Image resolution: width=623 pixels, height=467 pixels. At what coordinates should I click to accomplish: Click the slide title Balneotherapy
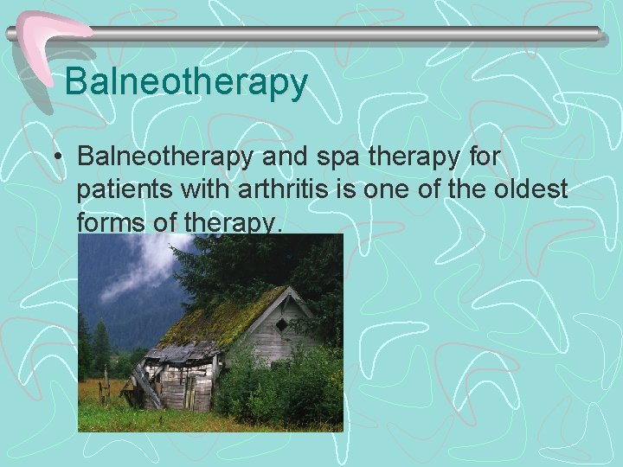(186, 82)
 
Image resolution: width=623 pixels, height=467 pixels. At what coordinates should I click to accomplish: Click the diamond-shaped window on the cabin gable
(281, 324)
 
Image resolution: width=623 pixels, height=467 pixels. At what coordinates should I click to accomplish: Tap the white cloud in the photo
(138, 268)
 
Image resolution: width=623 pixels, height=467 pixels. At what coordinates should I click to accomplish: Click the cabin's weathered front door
(189, 391)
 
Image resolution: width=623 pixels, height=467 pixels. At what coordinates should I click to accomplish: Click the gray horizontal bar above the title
(346, 34)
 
